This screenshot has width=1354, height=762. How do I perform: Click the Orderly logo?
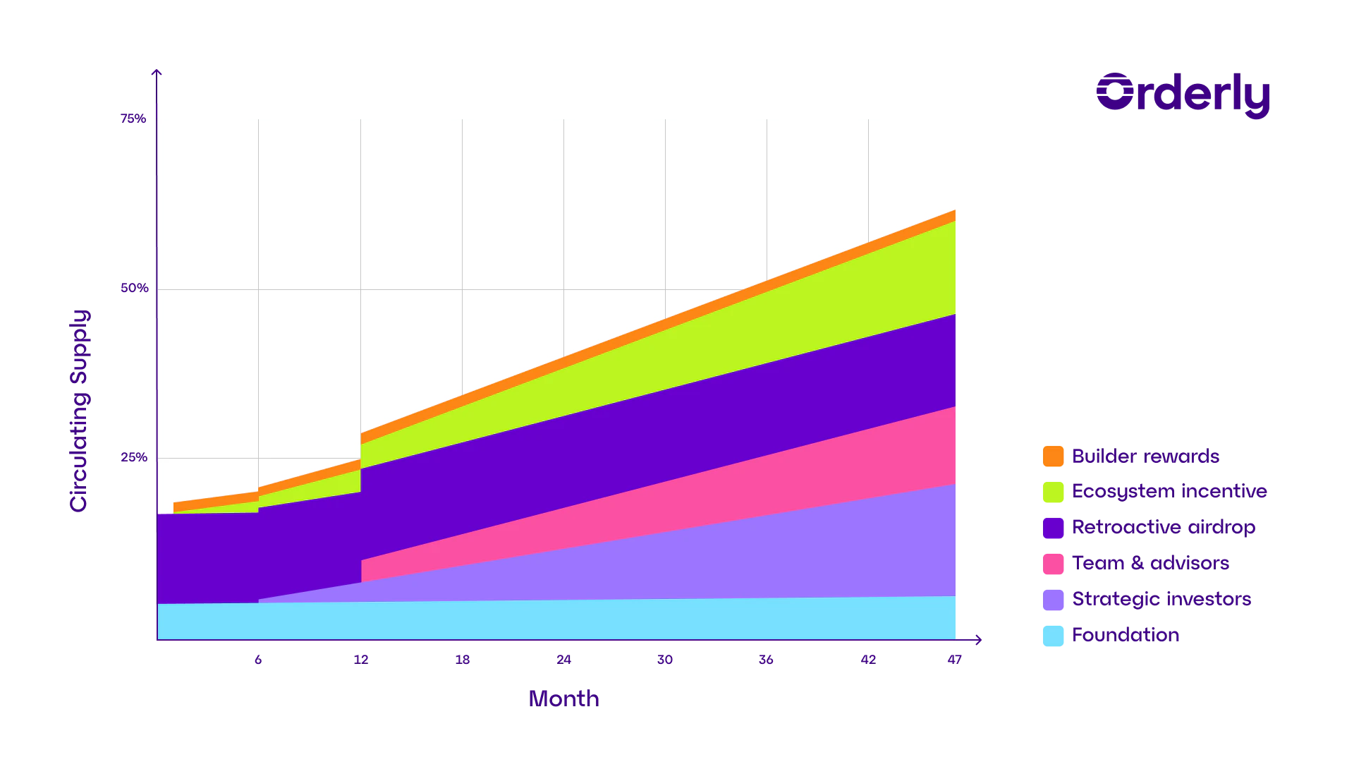point(1183,94)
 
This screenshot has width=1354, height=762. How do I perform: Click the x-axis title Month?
point(564,699)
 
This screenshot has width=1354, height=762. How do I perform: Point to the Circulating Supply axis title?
point(80,411)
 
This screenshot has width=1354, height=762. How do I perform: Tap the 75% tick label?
point(133,119)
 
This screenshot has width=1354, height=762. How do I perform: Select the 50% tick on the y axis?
point(133,289)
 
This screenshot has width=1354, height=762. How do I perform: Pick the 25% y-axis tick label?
point(133,458)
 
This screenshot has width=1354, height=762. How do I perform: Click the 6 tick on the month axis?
point(260,660)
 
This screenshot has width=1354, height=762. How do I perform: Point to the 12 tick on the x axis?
point(361,660)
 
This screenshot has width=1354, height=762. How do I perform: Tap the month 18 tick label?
point(463,660)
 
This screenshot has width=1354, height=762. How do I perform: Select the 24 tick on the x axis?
point(563,660)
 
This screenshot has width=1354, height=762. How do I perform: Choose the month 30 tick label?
point(665,660)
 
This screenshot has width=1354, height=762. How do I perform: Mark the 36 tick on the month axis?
point(767,660)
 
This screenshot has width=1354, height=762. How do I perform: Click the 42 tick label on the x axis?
point(869,660)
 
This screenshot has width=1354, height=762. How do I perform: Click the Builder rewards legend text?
point(1147,456)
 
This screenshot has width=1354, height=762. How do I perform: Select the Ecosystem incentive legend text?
point(1170,492)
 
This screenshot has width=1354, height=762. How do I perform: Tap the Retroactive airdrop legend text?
point(1164,528)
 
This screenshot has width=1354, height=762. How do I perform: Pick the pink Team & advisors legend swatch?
point(1052,564)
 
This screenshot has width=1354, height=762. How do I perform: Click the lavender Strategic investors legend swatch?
point(1052,600)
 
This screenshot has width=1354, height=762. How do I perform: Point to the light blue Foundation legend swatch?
point(1052,636)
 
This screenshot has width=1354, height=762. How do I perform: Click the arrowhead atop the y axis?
point(156,73)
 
